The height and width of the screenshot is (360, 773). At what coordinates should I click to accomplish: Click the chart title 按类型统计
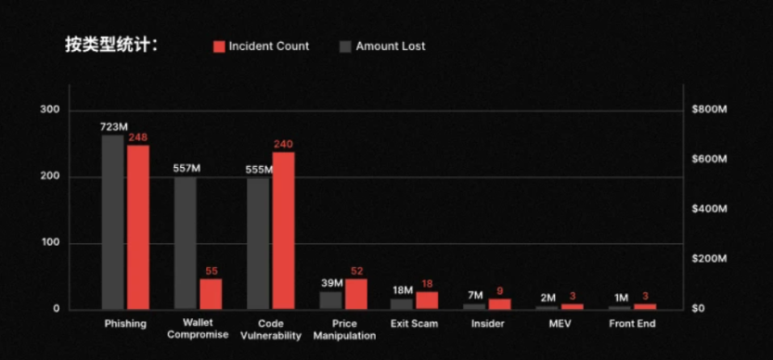(x=110, y=45)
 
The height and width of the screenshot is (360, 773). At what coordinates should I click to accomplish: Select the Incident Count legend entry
(x=261, y=45)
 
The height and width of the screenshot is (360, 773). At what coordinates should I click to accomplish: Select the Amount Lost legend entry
(x=381, y=45)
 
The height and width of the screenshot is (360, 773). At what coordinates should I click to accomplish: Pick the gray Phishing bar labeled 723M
(x=112, y=222)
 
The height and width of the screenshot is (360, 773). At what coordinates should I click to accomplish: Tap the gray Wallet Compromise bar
(x=186, y=242)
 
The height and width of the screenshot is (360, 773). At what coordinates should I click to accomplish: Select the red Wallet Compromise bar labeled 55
(x=211, y=292)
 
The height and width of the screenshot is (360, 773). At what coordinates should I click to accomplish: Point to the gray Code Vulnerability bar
(x=258, y=242)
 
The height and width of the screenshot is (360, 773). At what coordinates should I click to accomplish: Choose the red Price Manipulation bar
(x=356, y=293)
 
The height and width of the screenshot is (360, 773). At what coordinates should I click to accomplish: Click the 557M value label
(x=187, y=168)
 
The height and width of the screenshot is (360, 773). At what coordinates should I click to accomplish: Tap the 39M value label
(x=330, y=283)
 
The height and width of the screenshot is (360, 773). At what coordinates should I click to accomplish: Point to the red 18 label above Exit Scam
(x=428, y=283)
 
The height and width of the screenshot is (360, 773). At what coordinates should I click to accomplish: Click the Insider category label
(x=487, y=324)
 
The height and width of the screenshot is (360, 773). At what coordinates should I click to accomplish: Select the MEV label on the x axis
(x=560, y=324)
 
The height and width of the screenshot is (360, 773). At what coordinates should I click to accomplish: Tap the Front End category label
(x=632, y=324)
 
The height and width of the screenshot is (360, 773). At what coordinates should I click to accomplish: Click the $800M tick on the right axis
(x=709, y=109)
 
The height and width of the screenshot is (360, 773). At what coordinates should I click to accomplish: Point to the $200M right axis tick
(x=709, y=259)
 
